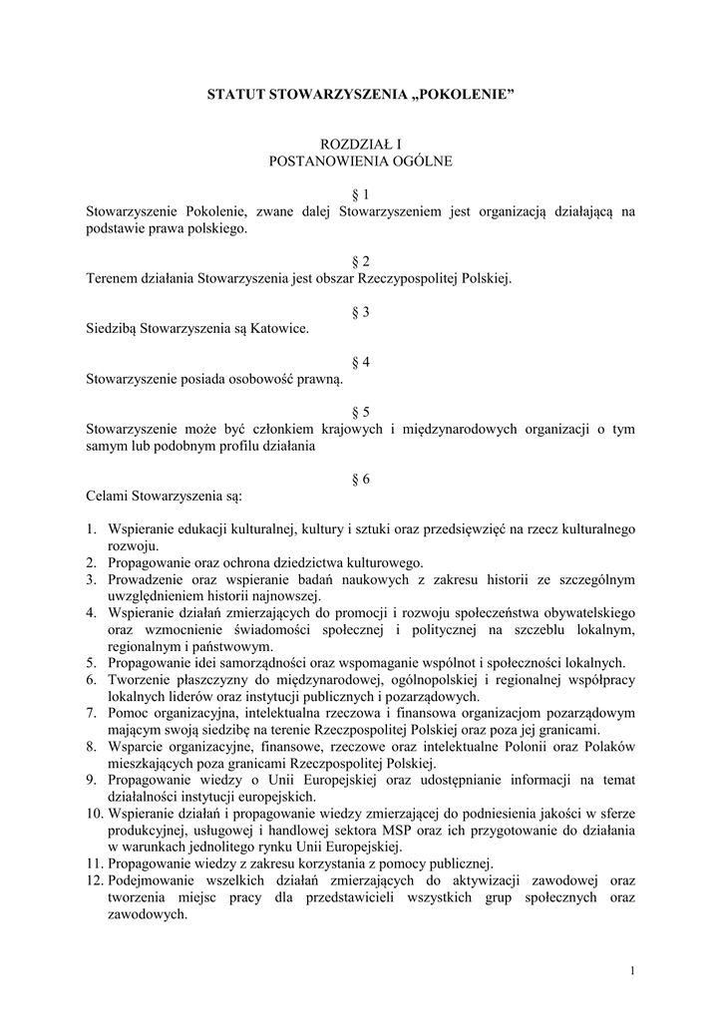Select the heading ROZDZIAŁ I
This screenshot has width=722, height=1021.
tap(360, 145)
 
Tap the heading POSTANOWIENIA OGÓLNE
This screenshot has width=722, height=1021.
tap(361, 161)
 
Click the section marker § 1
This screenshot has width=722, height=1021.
tap(361, 194)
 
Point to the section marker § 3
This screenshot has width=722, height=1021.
tap(361, 312)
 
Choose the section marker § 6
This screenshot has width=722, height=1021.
tap(361, 479)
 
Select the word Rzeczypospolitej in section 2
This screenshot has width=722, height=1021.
tap(385, 278)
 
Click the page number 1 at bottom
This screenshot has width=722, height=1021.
tap(632, 971)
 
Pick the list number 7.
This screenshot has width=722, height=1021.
tap(90, 713)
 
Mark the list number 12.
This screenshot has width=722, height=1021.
tap(94, 880)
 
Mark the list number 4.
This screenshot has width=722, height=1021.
tap(90, 612)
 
